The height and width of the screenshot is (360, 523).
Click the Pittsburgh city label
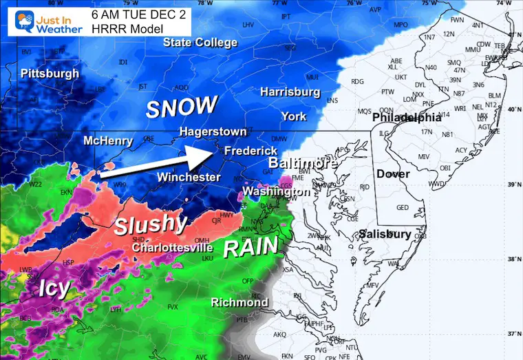(50, 73)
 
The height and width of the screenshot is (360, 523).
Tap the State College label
(200, 43)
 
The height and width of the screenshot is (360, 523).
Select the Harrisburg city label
(290, 92)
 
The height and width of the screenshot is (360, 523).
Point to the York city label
(293, 116)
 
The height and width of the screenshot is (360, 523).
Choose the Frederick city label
(251, 150)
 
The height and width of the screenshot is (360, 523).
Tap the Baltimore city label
(302, 164)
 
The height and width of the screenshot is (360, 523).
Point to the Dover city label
(393, 174)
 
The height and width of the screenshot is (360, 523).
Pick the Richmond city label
(239, 302)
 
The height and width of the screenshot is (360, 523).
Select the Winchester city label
(189, 178)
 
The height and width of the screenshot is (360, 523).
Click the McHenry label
(108, 141)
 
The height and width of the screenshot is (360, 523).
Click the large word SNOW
(182, 107)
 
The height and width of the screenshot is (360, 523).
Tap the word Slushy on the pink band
(150, 224)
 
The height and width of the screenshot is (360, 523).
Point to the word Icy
(53, 287)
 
